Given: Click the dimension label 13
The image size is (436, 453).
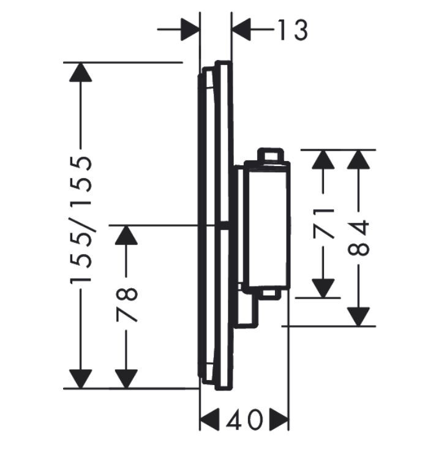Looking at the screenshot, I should pos(291,29).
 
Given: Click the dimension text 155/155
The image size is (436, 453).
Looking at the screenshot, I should pos(81,219).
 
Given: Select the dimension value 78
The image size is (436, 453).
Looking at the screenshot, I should pos(127,304).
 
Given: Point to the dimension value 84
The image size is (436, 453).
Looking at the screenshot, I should pos(359,239).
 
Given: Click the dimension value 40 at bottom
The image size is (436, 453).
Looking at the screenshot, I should pos(244,420).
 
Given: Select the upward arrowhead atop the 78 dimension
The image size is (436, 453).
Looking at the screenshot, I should pos(127,236).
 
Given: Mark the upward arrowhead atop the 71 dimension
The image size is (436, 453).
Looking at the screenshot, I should pos(323,160).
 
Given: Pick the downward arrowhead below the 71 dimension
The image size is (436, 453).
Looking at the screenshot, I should pos(323,287).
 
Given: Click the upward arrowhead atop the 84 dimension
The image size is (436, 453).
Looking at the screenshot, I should pos(359,160).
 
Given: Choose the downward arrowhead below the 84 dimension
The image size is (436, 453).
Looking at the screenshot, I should pos(359,316).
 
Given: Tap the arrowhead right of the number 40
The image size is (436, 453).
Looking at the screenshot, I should pos(279,420).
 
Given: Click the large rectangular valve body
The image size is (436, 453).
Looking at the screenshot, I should pos(266,225).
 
